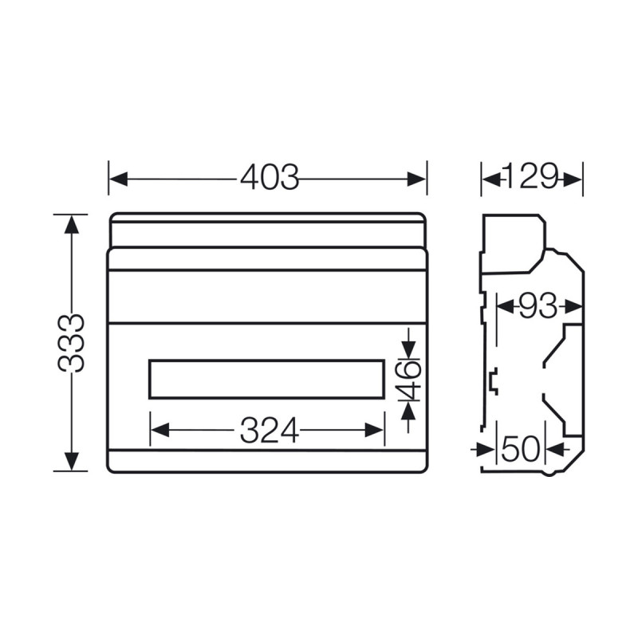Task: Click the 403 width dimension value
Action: point(270,178)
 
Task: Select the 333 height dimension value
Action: point(71,343)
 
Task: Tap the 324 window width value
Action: point(269,431)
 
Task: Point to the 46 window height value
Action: point(409,380)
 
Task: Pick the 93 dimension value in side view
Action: point(538,305)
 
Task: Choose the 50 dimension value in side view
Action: point(521,449)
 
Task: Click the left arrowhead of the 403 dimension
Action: point(118,179)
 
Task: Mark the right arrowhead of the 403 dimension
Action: point(417,179)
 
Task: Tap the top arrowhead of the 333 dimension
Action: point(72,224)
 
